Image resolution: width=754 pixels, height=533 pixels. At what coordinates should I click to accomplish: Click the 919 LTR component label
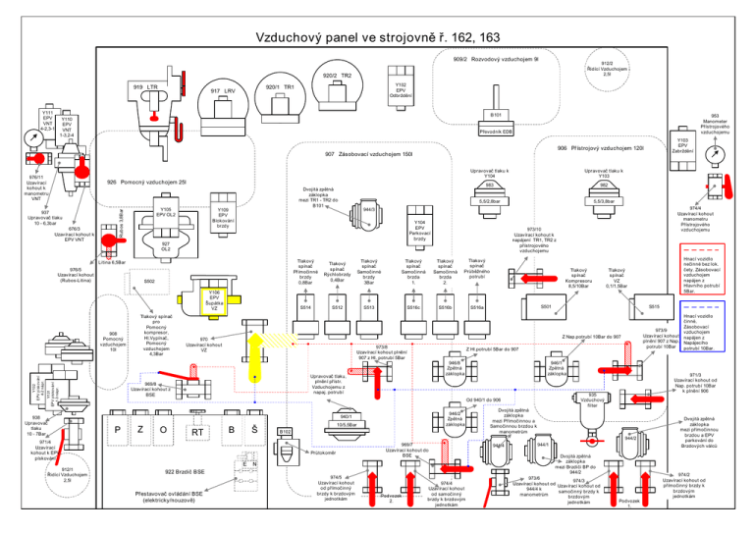tap(146, 88)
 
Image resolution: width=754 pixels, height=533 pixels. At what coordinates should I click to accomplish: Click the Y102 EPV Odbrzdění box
tap(401, 89)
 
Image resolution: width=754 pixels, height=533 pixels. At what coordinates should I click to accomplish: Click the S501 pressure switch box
tap(545, 307)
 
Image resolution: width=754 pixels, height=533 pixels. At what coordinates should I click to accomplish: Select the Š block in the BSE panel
tap(254, 429)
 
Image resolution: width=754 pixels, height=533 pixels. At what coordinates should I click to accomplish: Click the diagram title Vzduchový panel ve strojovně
tap(378, 38)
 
